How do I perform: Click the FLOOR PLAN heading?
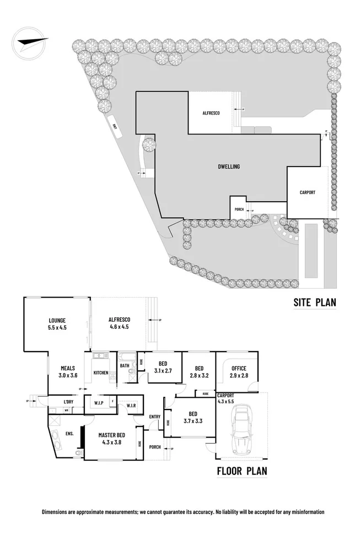[x=241, y=471]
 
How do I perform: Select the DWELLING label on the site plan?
[x=228, y=166]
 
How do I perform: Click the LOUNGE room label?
[x=57, y=320]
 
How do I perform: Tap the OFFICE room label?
[x=239, y=369]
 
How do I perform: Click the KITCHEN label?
[x=101, y=373]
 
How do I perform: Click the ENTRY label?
[x=155, y=416]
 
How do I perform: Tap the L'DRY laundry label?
[x=69, y=401]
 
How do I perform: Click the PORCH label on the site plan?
[x=239, y=209]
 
